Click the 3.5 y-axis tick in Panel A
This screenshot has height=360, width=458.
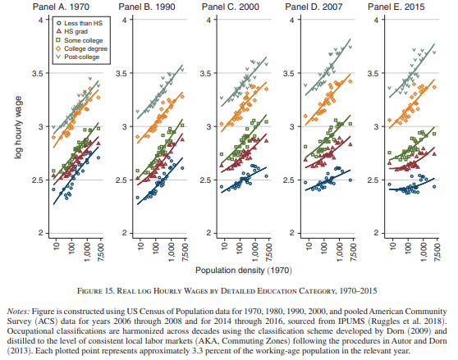pos(37,73)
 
